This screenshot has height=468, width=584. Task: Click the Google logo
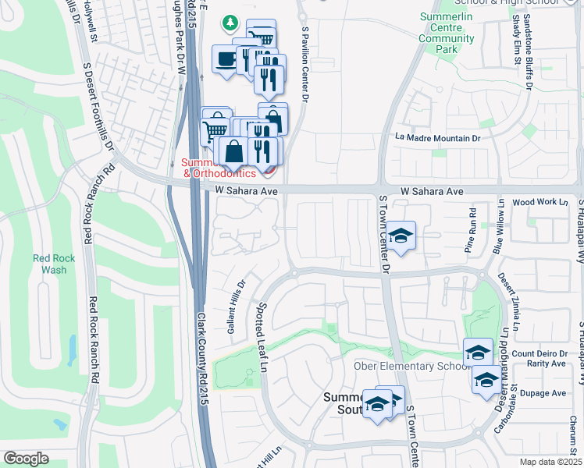[26, 459]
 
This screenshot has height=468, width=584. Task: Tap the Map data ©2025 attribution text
[550, 462]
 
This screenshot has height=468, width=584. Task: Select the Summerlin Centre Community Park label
[446, 33]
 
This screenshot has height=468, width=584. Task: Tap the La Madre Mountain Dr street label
[437, 138]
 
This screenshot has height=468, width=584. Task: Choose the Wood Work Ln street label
[539, 202]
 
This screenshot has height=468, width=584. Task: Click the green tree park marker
[230, 23]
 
